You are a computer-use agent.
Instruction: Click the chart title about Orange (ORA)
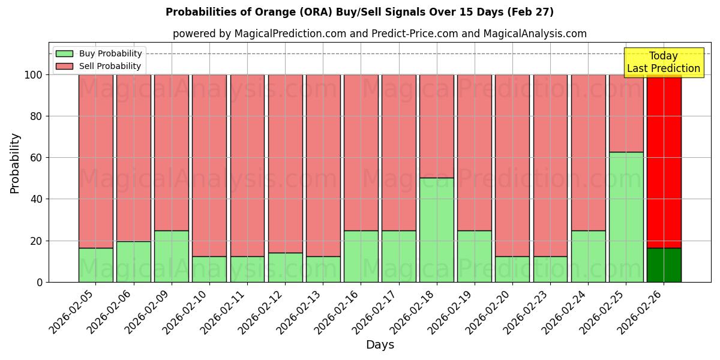[359, 12]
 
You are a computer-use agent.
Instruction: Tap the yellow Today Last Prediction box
[663, 62]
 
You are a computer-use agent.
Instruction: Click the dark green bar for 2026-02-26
[664, 265]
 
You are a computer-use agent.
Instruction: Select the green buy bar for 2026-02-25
[626, 217]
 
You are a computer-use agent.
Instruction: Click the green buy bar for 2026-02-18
[436, 230]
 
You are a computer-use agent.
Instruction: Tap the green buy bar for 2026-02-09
[172, 256]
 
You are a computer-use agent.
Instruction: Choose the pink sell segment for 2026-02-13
[323, 165]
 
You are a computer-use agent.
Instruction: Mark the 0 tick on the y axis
[39, 282]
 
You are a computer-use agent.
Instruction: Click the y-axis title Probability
[15, 163]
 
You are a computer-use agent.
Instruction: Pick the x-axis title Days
[380, 345]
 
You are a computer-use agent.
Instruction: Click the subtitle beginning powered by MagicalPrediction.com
[380, 34]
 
